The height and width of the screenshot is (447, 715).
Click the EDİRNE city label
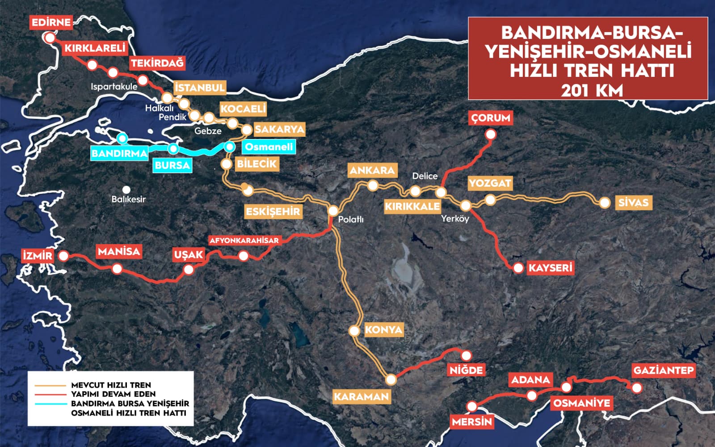[51, 22]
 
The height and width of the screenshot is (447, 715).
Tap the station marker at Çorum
[491, 134]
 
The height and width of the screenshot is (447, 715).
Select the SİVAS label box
[633, 202]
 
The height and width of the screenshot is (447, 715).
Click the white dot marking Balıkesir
[127, 190]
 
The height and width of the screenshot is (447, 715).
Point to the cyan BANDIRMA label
[119, 154]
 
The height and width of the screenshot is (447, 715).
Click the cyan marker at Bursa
[173, 148]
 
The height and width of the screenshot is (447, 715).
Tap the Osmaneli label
[269, 147]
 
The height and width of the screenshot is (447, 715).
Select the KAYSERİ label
[550, 268]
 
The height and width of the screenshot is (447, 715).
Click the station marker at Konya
[354, 331]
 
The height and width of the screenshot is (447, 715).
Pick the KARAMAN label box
[361, 396]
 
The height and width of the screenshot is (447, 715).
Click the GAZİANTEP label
[663, 371]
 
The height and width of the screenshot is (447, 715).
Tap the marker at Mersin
[472, 406]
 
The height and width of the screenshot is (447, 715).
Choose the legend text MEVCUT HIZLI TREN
[111, 385]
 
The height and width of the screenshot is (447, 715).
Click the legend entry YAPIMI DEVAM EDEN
[113, 394]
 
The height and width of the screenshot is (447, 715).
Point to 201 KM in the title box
[592, 91]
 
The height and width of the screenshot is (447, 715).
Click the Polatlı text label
[351, 219]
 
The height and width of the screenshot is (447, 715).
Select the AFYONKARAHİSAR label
[244, 240]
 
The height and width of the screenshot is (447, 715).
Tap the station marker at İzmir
[63, 256]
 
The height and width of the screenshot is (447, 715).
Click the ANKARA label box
[372, 170]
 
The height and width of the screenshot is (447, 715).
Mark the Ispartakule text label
[114, 87]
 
